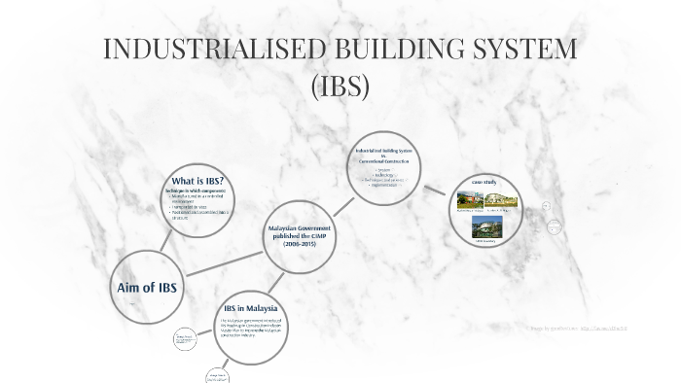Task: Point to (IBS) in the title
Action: pos(340,87)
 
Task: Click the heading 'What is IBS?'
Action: pos(197,181)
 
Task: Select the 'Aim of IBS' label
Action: pos(147,288)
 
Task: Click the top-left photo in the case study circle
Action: pos(471,201)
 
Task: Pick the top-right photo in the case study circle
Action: pos(503,201)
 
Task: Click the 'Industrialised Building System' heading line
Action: pos(384,151)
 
